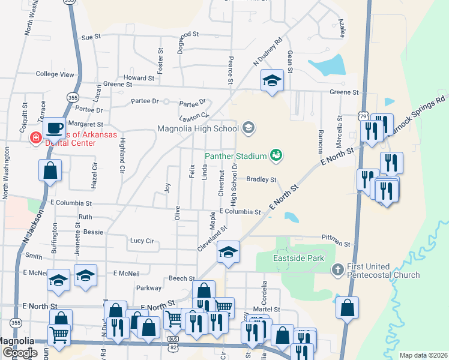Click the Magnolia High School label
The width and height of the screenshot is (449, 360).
198,128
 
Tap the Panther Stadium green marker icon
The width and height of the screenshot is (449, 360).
276,155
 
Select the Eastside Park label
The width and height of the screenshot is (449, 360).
299,259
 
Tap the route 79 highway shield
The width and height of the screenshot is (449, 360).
363,116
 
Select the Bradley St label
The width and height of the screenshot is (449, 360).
261,179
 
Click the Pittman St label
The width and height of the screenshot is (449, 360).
335,242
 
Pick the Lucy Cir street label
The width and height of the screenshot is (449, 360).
142,241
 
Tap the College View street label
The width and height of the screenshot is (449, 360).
55,74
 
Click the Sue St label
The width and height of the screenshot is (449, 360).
90,37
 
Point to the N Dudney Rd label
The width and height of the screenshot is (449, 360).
268,53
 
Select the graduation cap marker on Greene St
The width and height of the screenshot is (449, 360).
272,80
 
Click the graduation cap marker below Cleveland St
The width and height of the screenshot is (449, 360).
228,252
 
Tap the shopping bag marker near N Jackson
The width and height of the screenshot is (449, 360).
50,171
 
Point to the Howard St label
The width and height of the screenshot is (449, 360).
139,78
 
